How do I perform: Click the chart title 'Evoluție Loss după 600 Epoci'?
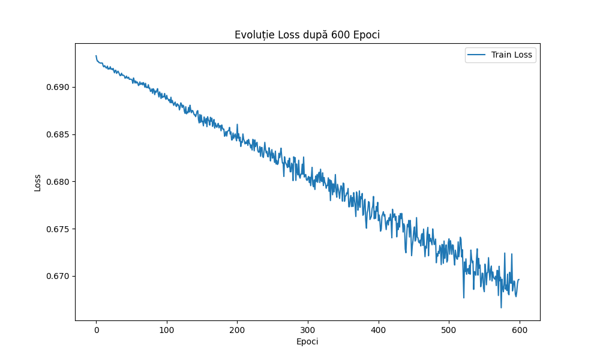(307, 35)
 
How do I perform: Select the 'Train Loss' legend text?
(512, 55)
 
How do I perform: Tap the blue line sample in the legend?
(477, 55)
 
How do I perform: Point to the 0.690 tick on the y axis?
(58, 87)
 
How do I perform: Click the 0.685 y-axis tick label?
(58, 134)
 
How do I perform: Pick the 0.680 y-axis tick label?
(58, 182)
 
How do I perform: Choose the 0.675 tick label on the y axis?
(58, 229)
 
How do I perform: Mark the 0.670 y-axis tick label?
(58, 277)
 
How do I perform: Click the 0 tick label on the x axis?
(96, 330)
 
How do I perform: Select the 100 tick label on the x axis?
(167, 330)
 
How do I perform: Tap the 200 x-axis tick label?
(237, 330)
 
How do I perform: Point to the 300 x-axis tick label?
(308, 330)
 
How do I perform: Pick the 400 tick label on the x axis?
(378, 330)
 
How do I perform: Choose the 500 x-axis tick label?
(449, 330)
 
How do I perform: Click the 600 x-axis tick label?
(520, 330)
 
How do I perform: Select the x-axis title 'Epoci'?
(307, 341)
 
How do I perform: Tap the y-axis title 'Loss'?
(37, 182)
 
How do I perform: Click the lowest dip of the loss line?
(501, 307)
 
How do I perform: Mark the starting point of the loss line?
(96, 56)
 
